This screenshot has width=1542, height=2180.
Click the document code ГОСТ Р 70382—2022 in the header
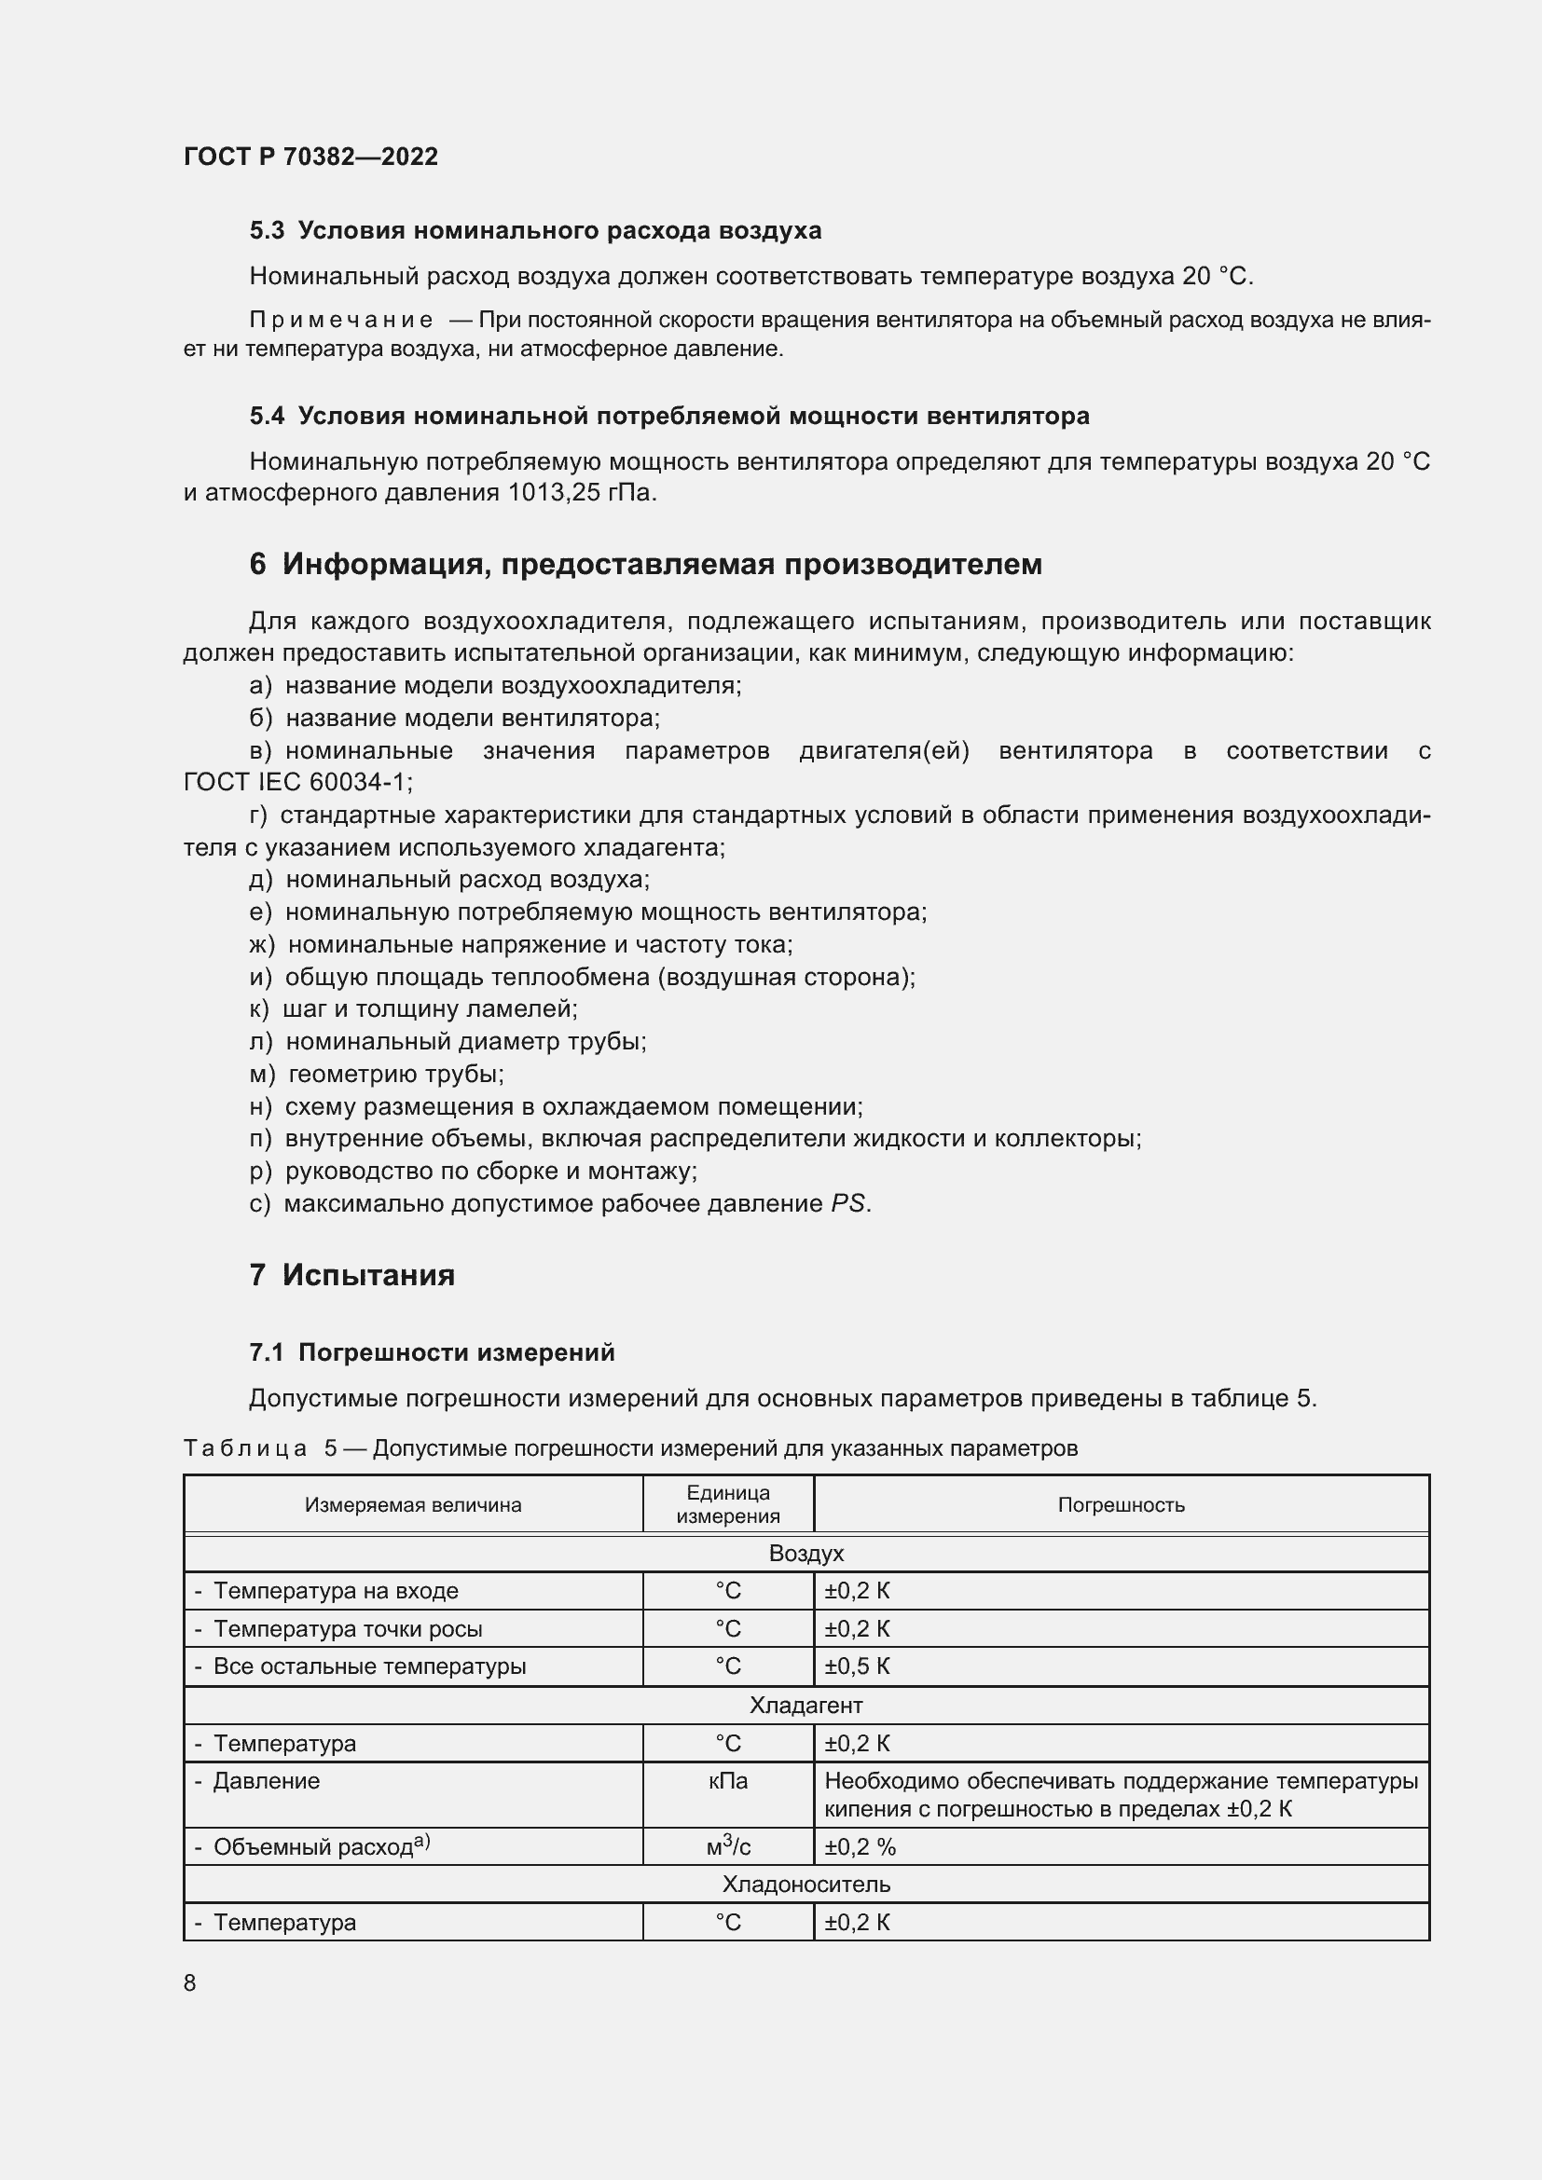pos(310,157)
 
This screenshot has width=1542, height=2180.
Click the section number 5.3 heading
pos(267,231)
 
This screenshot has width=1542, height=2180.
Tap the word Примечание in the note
pos(341,321)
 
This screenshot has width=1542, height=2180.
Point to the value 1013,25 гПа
pos(582,493)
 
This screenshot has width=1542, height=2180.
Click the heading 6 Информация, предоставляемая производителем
pos(646,564)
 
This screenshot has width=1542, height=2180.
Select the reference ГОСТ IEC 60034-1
pos(296,782)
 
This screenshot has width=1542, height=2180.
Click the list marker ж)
pos(262,945)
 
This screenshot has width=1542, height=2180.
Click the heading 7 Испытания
pos(352,1274)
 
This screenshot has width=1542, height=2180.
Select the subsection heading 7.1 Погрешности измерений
pos(432,1352)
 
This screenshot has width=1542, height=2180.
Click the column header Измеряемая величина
pos(413,1505)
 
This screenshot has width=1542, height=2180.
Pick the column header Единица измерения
pos(728,1505)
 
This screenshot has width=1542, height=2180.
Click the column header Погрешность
pos(1122,1505)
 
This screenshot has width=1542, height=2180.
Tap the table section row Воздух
pos(806,1554)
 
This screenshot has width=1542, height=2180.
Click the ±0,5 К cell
pos(858,1666)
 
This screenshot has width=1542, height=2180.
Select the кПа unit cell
pos(728,1781)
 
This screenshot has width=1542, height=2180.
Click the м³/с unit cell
pos(728,1846)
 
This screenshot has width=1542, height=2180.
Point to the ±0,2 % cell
pos(860,1846)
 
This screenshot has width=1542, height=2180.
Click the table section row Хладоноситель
pos(806,1884)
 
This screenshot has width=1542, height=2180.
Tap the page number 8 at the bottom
pos(190,1982)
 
